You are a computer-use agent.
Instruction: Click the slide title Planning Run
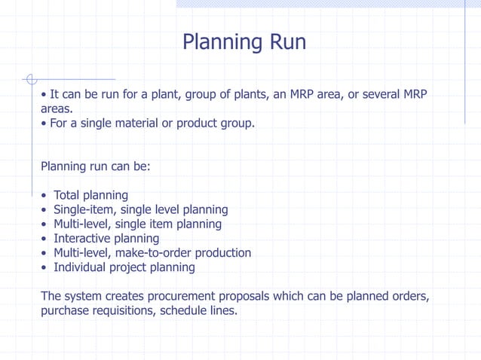coord(244,42)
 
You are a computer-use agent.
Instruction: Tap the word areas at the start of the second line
coord(56,108)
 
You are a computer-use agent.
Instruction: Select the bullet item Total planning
coord(90,196)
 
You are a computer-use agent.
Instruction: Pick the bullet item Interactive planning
coord(106,239)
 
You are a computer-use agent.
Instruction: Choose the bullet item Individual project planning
coord(124,267)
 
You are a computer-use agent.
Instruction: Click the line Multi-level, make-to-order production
coord(152,253)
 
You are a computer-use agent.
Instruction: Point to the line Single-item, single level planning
coord(140,210)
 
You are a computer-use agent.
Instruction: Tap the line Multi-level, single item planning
coord(137,224)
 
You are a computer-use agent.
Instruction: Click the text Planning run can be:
coord(96,166)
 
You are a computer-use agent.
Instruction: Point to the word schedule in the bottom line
coord(183,310)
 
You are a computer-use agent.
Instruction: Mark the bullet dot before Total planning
coord(44,197)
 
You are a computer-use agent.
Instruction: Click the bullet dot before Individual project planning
coord(44,268)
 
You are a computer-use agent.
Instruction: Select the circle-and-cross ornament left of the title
coord(30,78)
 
